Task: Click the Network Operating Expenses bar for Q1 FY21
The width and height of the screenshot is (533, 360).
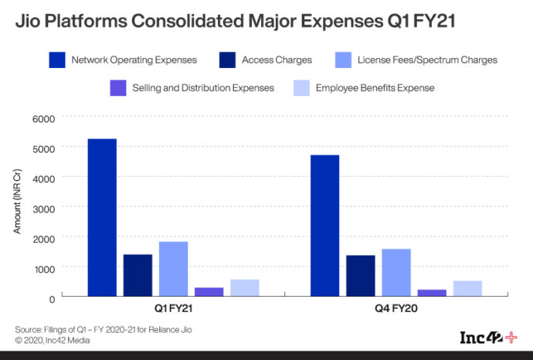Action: [x=102, y=217]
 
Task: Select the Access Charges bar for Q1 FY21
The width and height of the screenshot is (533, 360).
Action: [x=137, y=275]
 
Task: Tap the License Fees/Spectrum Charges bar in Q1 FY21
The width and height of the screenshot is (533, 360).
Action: [x=173, y=269]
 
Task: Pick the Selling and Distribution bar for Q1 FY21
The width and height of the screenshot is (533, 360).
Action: [x=209, y=291]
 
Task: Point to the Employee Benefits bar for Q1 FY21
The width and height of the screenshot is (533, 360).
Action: [x=245, y=287]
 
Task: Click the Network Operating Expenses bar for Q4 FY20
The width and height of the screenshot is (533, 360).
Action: [x=324, y=226]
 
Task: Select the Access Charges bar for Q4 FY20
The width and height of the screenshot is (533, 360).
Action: [x=361, y=276]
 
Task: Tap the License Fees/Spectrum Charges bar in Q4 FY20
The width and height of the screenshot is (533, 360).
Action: [x=396, y=272]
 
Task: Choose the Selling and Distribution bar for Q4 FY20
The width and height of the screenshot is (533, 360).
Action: [x=432, y=292]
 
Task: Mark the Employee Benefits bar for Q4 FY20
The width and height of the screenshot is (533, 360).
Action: [x=467, y=288]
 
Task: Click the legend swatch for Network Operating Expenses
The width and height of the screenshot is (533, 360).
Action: [x=56, y=59]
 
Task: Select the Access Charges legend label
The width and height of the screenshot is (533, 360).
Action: [x=277, y=59]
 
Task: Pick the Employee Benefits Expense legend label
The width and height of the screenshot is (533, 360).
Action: [x=375, y=88]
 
